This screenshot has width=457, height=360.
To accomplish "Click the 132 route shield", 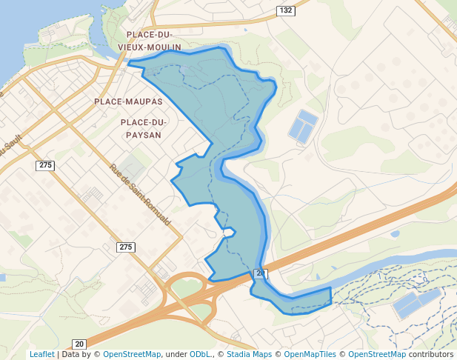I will tap(286, 10).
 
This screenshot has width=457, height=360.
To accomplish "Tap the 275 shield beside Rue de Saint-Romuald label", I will tap(126, 247).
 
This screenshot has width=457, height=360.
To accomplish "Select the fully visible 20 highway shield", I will tap(79, 344).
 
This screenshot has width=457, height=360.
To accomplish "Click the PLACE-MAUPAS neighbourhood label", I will tap(128, 101).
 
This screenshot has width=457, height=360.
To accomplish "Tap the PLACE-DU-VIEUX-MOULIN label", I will tap(154, 41).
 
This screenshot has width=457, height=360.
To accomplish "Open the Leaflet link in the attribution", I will tap(41, 355).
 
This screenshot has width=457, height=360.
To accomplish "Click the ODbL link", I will tap(201, 355).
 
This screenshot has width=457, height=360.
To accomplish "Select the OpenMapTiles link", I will tap(310, 355).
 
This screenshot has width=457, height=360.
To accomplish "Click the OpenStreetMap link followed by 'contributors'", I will tap(376, 355).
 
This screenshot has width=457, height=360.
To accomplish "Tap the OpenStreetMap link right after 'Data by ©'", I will tap(131, 355).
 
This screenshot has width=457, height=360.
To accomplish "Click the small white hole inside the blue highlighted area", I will tap(229, 233).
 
